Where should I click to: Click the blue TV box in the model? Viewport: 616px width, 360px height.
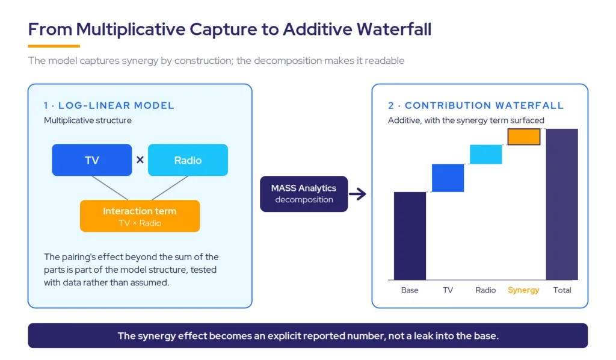[x=92, y=160]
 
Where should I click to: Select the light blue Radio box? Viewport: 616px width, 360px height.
[x=188, y=160]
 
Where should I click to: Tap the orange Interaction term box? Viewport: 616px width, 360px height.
[x=140, y=216]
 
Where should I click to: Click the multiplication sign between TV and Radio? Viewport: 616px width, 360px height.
[x=140, y=160]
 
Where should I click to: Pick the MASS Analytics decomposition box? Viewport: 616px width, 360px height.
[x=304, y=194]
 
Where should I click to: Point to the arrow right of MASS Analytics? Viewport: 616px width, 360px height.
[x=357, y=194]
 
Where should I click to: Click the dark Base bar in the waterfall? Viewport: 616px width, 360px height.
[x=410, y=236]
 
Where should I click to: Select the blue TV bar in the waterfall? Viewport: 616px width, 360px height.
[x=448, y=178]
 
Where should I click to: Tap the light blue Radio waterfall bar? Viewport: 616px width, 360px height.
[x=486, y=154]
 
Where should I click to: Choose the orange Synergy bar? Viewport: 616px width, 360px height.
[x=524, y=137]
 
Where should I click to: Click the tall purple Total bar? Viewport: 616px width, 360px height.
[x=562, y=204]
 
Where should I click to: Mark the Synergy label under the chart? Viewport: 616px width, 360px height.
[x=523, y=290]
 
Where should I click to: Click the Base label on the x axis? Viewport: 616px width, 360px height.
[x=410, y=290]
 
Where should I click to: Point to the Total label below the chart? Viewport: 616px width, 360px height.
[x=562, y=290]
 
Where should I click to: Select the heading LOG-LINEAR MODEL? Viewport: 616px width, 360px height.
[x=116, y=105]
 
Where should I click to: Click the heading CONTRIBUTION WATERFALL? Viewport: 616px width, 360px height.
[x=484, y=105]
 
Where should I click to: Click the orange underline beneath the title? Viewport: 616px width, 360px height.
[x=54, y=46]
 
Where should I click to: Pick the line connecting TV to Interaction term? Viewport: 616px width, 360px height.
[x=110, y=188]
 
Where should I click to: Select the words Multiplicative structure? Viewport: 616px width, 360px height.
[x=88, y=120]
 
